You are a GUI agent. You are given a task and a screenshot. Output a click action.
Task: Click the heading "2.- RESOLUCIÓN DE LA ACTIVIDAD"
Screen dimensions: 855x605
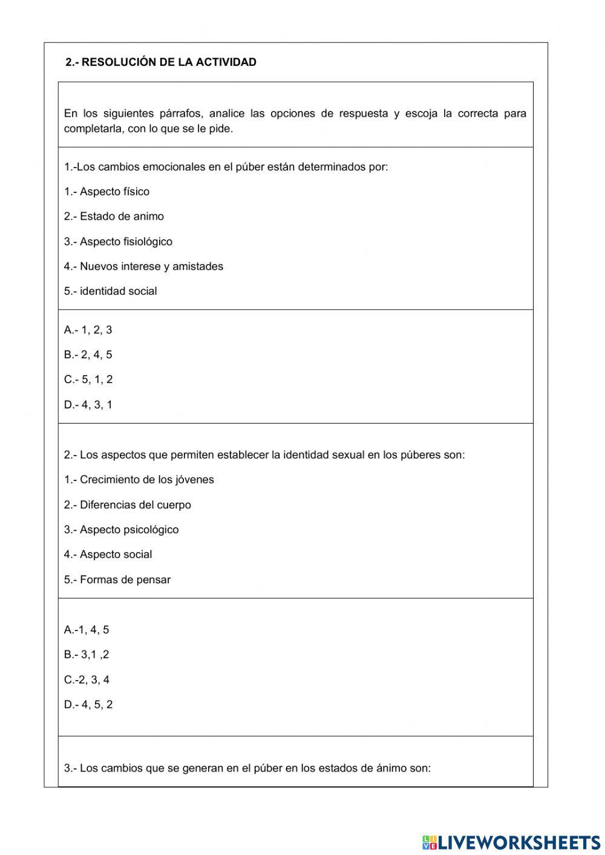click(161, 62)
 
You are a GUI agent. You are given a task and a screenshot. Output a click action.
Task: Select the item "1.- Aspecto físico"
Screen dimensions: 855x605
click(106, 192)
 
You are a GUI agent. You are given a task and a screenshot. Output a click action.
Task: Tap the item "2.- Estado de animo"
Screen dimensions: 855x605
click(114, 217)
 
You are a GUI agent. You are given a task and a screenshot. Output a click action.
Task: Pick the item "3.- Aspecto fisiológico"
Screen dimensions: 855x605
click(118, 241)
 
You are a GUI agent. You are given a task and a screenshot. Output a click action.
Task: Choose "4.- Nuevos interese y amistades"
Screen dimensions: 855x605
click(143, 266)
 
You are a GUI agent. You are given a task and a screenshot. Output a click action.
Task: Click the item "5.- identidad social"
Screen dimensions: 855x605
click(110, 291)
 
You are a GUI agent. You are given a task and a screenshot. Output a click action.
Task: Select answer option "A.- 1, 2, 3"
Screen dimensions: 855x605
click(88, 330)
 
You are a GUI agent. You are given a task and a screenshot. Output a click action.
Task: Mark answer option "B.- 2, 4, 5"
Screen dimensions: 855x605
click(88, 355)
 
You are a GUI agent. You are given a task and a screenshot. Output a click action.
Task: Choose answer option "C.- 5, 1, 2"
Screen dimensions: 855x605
click(88, 379)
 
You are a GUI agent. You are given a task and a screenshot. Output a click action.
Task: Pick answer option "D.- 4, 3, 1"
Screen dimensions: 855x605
click(88, 405)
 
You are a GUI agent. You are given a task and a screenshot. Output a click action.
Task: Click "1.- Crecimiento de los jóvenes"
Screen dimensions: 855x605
click(139, 480)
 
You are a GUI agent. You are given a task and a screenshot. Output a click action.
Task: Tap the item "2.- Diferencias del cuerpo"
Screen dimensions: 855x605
click(127, 505)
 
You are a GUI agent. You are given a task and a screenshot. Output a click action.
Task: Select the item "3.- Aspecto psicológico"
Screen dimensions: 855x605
click(121, 529)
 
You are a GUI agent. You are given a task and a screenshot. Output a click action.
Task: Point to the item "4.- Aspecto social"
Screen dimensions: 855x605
click(108, 554)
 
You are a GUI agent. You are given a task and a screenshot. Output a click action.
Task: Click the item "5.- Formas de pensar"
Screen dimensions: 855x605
click(117, 580)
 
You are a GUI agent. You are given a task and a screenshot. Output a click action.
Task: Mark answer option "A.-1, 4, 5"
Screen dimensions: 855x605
click(87, 630)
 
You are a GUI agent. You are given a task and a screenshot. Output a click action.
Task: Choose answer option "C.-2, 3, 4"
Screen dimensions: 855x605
click(87, 680)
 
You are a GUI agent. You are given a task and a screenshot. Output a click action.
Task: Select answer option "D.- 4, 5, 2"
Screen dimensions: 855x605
click(88, 704)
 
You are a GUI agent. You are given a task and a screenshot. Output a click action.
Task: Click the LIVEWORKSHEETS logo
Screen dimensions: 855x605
click(511, 842)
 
